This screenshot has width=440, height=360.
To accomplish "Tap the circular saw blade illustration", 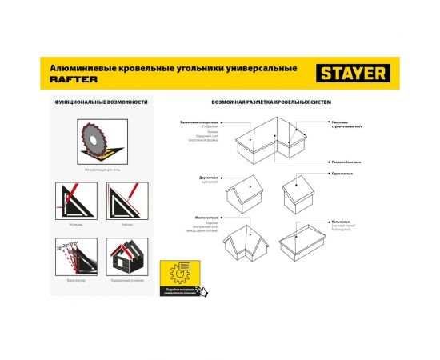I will click(x=93, y=142).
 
